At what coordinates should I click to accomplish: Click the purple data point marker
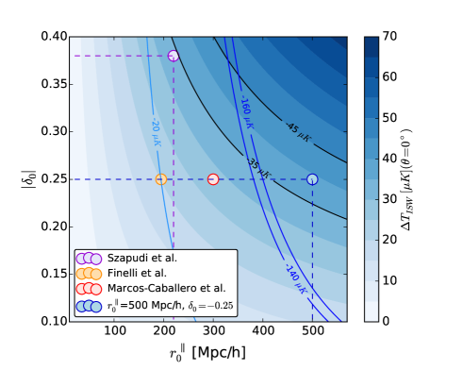(174, 56)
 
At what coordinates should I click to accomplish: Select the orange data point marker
(161, 179)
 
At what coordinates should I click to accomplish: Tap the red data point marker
(213, 179)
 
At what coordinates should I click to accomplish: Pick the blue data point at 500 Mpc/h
(312, 179)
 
